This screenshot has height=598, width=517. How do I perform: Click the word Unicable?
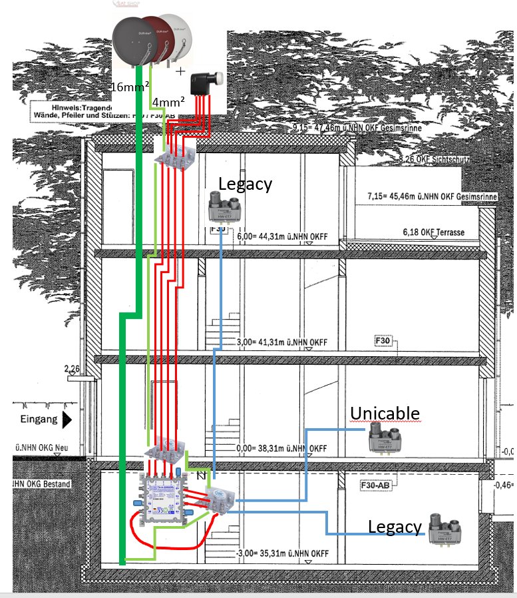click(385, 414)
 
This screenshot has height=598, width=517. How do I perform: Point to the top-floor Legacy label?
click(245, 184)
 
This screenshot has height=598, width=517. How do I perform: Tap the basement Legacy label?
click(395, 527)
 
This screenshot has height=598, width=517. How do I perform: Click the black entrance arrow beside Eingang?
click(67, 421)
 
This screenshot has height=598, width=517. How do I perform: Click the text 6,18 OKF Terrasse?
click(433, 232)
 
